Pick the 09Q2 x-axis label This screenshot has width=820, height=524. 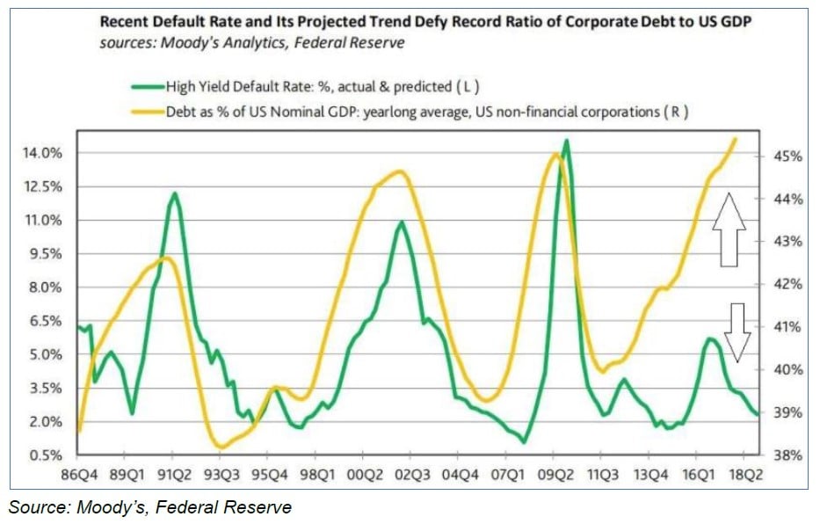(x=554, y=473)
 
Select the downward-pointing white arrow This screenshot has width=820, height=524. (x=737, y=332)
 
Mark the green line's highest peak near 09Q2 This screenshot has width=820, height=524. (x=567, y=141)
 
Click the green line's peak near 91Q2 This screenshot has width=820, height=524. (x=175, y=193)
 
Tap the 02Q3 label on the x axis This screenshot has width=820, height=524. (x=411, y=473)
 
